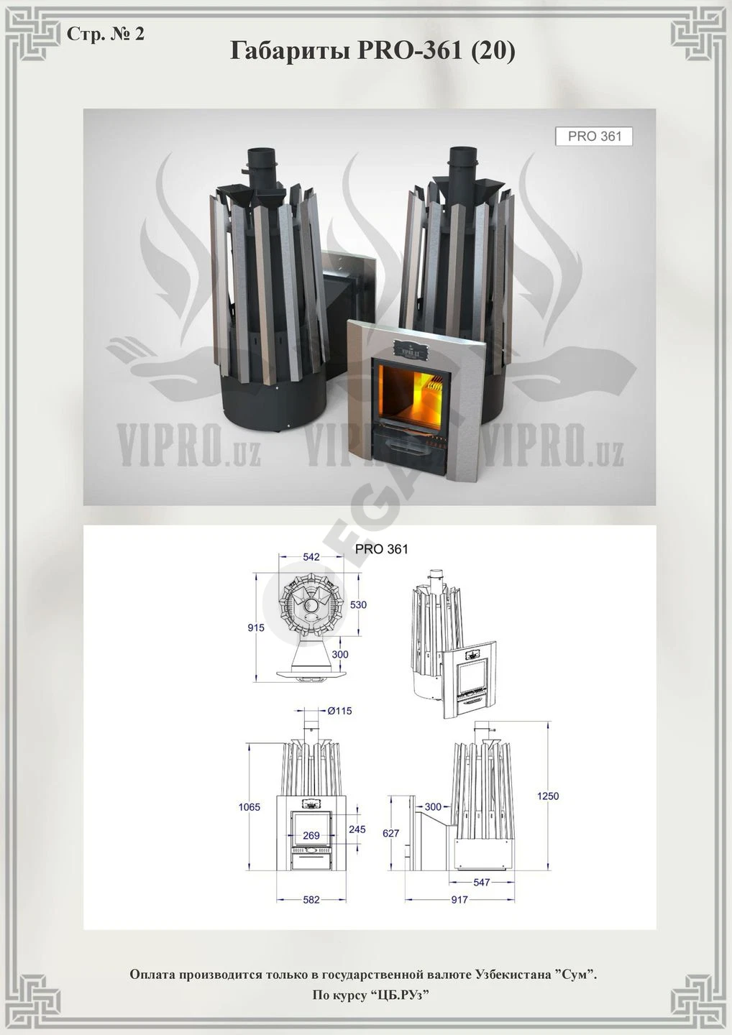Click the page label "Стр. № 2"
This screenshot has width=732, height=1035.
[x=106, y=34]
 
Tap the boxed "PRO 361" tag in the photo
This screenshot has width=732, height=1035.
[x=594, y=137]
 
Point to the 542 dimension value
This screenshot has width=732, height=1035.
[x=311, y=557]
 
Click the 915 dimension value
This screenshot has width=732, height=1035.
[x=256, y=628]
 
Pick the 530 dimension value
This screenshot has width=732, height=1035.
[x=358, y=604]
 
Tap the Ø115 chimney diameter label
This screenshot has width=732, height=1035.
[x=339, y=711]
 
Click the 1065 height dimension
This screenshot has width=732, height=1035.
[x=249, y=806]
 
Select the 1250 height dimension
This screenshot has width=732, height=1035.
[x=548, y=796]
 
